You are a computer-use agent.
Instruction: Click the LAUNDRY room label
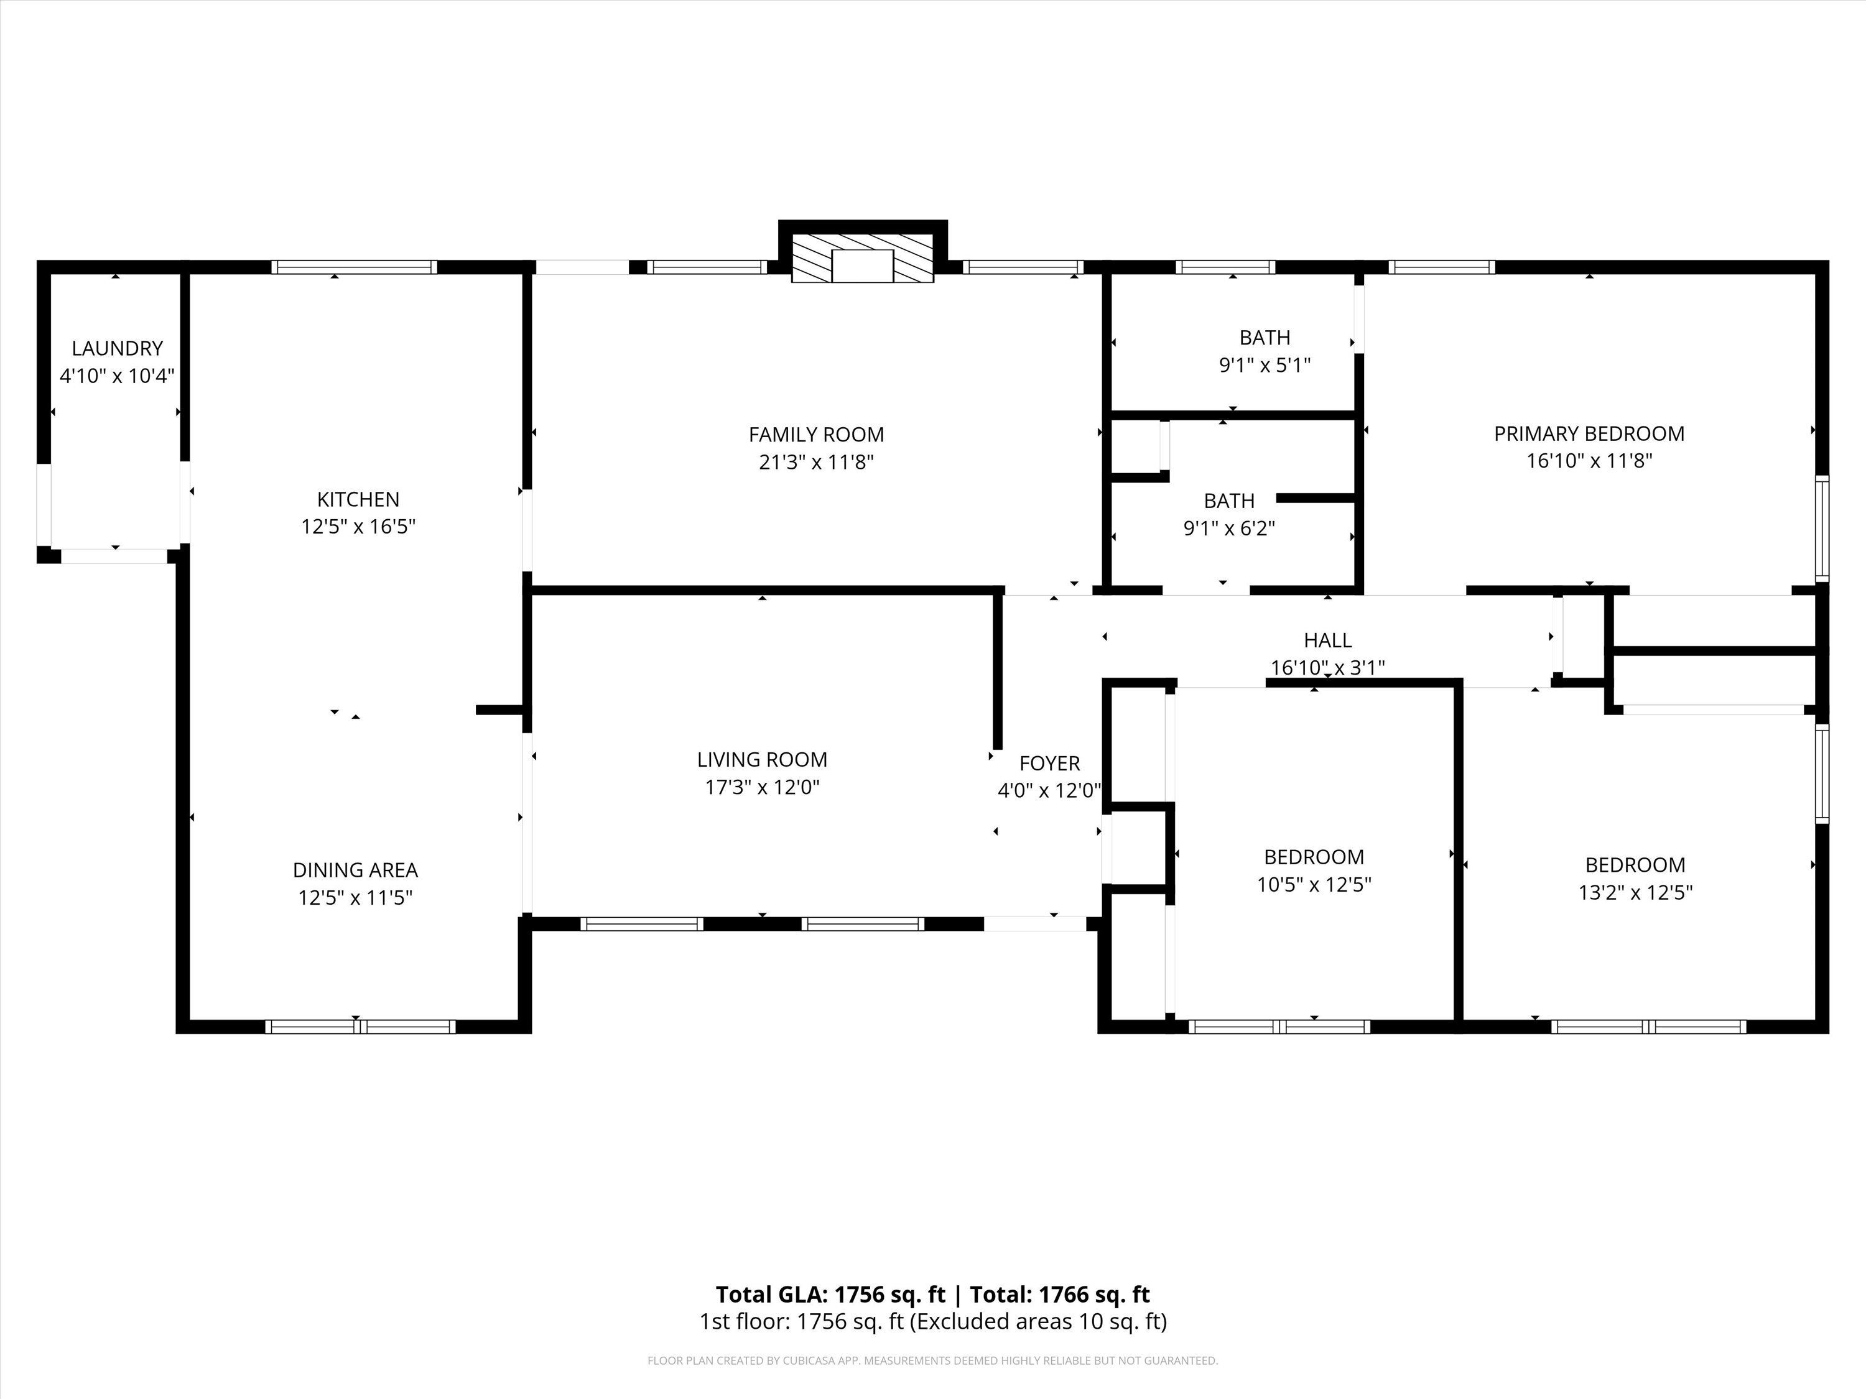(118, 348)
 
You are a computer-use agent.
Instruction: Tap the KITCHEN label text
(358, 499)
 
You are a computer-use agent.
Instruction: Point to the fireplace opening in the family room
(862, 265)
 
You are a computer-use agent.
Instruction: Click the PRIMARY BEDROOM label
(1589, 434)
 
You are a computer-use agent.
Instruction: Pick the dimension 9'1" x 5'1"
(1265, 365)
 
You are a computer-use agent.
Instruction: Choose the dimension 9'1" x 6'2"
(1229, 529)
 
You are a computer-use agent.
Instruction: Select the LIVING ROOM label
(763, 760)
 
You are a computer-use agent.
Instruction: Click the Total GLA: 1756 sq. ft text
(831, 1295)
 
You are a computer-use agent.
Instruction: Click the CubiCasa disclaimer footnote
(933, 1360)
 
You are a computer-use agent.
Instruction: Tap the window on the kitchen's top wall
(355, 267)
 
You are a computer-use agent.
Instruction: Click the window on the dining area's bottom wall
(360, 1027)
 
